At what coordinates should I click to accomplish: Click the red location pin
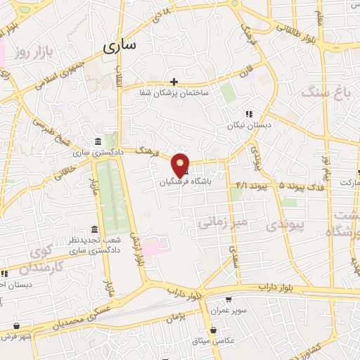point(181,165)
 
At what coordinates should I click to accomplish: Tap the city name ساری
point(120,47)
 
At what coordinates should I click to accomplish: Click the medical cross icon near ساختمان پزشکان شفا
point(174,82)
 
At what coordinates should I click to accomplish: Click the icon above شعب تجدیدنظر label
point(95,230)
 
